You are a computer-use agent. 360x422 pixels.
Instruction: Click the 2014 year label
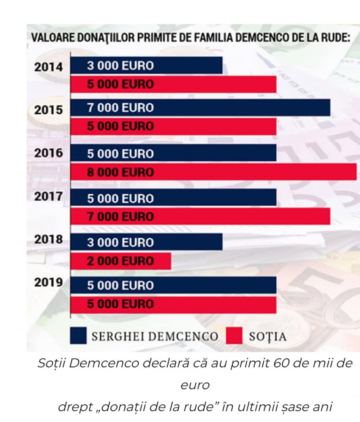coord(48,67)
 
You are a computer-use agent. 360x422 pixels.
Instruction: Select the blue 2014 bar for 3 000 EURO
coord(146,65)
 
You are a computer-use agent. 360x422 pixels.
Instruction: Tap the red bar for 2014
coord(173,84)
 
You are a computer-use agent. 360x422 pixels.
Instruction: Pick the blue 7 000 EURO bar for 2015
coord(200,108)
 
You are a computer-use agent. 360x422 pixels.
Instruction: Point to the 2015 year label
coord(48,110)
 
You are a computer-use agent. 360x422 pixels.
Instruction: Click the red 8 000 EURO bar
coord(213,172)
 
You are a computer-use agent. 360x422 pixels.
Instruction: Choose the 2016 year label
coord(48,153)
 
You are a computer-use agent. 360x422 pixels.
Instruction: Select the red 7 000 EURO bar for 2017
coord(200,216)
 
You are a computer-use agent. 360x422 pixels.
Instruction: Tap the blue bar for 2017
coord(173,198)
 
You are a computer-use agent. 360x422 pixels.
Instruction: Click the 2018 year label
coord(48,240)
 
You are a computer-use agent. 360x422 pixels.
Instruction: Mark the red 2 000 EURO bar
coord(121,261)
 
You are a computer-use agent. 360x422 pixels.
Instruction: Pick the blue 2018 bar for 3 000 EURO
coord(146,242)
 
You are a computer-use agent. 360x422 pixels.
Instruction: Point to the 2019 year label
coord(48,282)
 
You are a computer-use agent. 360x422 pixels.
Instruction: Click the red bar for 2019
coord(173,304)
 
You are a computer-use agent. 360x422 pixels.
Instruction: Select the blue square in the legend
coord(78,336)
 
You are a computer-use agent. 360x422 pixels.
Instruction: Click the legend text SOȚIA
coord(268,337)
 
